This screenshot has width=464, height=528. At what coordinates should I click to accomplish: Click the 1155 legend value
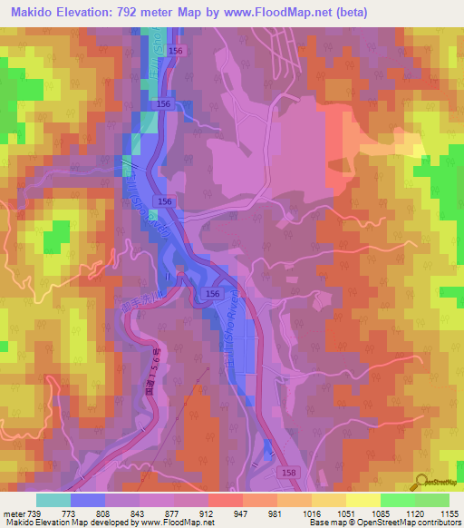pyautogui.click(x=450, y=512)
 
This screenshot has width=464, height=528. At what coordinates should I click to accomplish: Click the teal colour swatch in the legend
pyautogui.click(x=53, y=499)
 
